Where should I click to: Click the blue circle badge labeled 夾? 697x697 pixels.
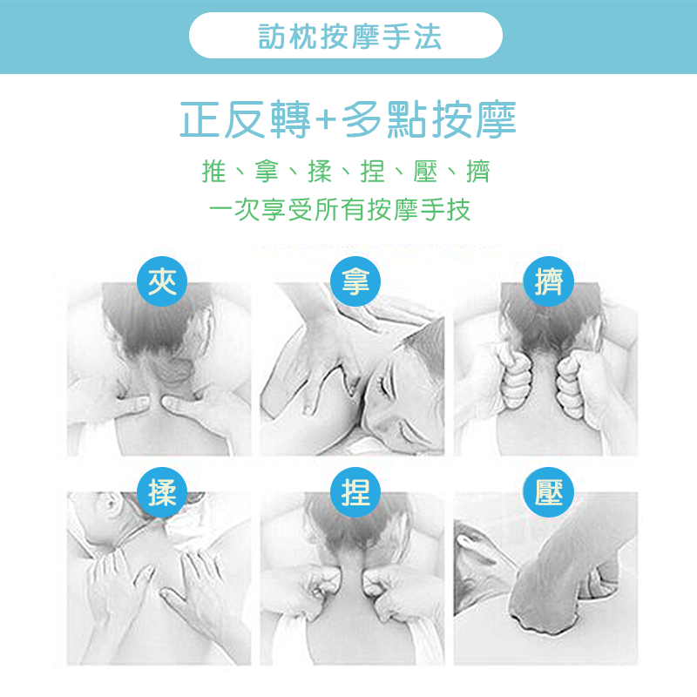tap(162, 281)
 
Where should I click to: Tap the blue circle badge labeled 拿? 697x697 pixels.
tap(355, 281)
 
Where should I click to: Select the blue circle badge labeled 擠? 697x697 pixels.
tap(549, 281)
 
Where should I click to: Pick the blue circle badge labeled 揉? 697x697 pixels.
tap(162, 492)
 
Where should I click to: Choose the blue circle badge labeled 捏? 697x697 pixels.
tap(355, 492)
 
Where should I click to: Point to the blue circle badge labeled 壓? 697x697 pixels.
tap(549, 492)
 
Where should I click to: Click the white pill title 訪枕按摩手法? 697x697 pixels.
tap(346, 36)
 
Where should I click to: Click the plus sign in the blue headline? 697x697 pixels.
tap(326, 120)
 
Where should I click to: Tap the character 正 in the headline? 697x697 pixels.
tap(200, 119)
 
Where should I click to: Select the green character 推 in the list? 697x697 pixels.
tap(213, 171)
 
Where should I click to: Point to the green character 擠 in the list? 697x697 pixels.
tap(477, 171)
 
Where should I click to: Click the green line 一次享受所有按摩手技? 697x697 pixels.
tap(340, 210)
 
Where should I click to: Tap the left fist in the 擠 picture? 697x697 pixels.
tap(515, 378)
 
